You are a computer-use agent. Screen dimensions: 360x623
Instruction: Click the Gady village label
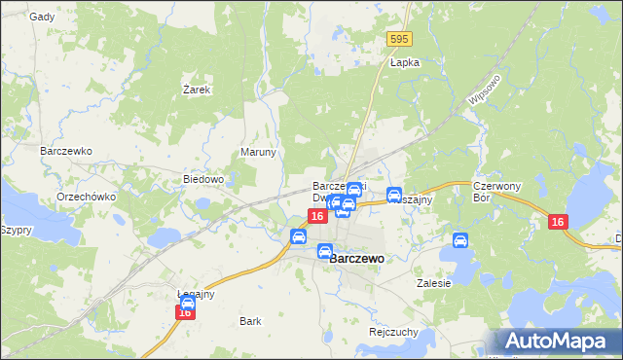click(41, 17)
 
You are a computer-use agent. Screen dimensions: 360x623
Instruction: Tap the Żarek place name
click(197, 89)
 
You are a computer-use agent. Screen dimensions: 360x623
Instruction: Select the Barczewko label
click(65, 152)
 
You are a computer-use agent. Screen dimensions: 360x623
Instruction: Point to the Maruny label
click(259, 153)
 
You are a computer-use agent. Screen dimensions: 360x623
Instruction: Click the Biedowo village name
click(204, 180)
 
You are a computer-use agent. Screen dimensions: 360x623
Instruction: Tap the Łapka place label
click(404, 62)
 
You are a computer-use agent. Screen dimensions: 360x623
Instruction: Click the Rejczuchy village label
click(394, 332)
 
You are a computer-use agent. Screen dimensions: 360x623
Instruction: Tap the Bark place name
click(250, 320)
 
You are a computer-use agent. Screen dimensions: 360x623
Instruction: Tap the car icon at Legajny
click(188, 303)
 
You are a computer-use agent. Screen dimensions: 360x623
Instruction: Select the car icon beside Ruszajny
click(394, 194)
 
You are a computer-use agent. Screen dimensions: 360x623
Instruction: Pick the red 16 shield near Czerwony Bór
click(557, 223)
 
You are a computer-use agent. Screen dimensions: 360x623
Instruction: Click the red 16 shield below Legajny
click(185, 312)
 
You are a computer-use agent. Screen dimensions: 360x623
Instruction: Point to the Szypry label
click(17, 231)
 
